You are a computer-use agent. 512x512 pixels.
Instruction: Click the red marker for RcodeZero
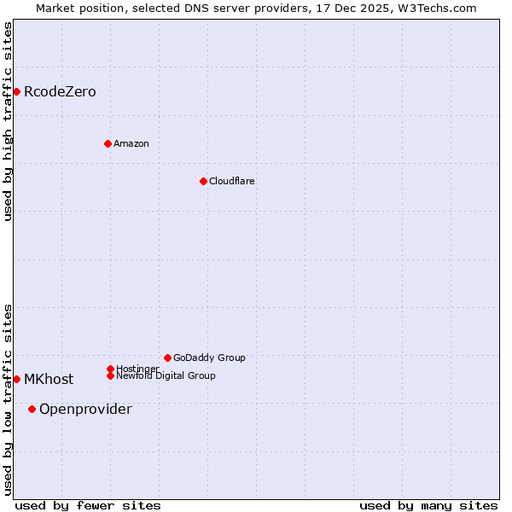[x=16, y=91]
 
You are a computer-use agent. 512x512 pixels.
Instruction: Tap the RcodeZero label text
[x=60, y=92]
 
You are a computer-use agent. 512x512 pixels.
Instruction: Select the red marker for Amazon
[x=108, y=143]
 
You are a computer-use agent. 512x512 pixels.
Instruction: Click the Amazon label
[x=131, y=144]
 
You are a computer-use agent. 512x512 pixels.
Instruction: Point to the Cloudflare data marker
[x=203, y=181]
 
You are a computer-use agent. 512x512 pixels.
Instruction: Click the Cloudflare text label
[x=231, y=182]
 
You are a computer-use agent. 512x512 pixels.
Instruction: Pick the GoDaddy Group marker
[x=167, y=358]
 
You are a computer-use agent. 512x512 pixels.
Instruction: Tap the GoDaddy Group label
[x=209, y=358]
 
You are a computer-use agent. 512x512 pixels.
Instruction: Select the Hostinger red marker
[x=110, y=369]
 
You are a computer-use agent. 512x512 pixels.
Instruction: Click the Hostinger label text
[x=137, y=369]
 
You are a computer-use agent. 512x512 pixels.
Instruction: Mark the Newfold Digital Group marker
[x=110, y=375]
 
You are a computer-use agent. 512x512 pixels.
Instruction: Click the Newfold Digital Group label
[x=166, y=376]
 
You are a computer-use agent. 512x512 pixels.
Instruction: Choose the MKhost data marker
[x=16, y=379]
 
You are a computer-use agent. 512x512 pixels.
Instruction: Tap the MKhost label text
[x=49, y=380]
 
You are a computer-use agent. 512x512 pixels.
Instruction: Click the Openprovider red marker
[x=32, y=409]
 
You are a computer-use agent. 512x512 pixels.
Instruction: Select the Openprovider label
[x=85, y=410]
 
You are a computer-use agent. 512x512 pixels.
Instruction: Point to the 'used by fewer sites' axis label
[x=88, y=505]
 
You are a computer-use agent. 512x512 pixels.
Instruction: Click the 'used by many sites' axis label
[x=428, y=505]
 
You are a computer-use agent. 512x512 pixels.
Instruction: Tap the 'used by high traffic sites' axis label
[x=8, y=121]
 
